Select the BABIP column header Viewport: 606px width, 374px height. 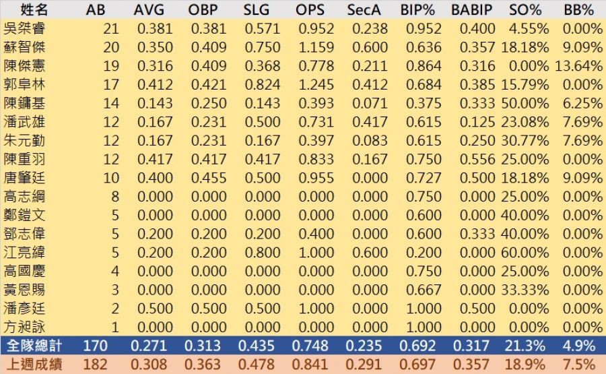pyautogui.click(x=471, y=10)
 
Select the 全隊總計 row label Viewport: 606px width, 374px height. pyautogui.click(x=34, y=346)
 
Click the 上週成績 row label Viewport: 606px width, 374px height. pyautogui.click(x=34, y=365)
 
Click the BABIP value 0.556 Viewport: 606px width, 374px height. pyautogui.click(x=476, y=160)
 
